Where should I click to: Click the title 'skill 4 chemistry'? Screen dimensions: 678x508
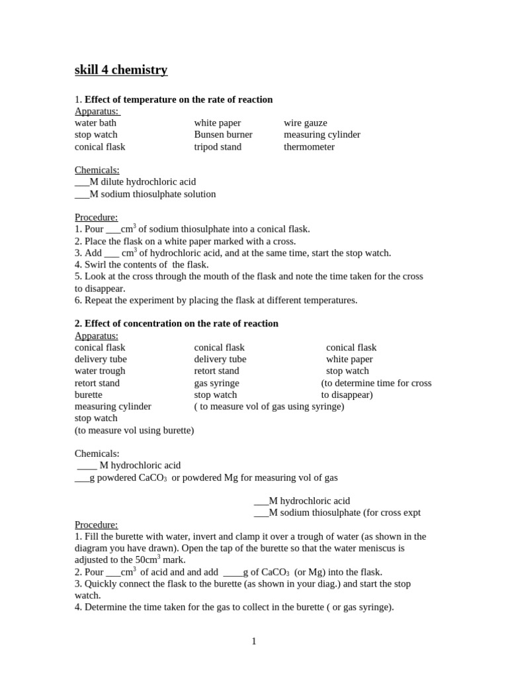[121, 70]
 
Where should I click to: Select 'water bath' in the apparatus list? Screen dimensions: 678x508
[95, 123]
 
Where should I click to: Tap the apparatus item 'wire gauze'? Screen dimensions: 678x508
[306, 123]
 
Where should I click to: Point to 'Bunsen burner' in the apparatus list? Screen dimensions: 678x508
[223, 135]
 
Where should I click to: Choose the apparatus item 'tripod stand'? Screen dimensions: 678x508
[218, 147]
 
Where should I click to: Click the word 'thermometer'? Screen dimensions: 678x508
[309, 147]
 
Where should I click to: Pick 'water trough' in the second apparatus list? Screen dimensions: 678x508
[100, 371]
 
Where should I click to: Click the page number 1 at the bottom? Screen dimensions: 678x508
[254, 641]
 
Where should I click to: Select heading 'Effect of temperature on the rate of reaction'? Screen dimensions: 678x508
[179, 99]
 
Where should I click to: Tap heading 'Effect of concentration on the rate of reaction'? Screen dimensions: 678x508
[181, 324]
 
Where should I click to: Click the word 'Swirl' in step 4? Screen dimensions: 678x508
[97, 265]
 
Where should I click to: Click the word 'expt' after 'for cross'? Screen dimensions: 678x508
[410, 512]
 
